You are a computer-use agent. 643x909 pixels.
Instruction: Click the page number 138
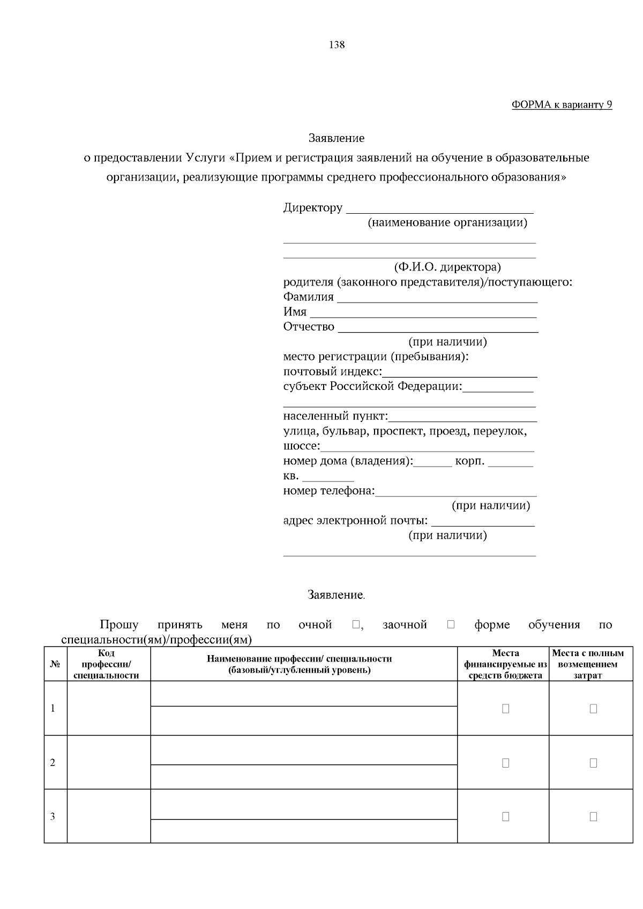click(x=337, y=45)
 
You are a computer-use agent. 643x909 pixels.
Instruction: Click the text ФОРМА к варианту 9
click(x=562, y=105)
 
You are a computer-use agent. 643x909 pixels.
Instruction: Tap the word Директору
click(x=312, y=208)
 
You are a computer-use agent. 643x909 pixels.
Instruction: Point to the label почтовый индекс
click(x=332, y=372)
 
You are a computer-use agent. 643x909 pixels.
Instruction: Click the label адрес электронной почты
click(x=355, y=521)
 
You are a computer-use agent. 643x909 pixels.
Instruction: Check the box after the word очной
click(x=356, y=625)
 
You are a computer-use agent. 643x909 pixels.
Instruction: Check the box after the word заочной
click(x=451, y=625)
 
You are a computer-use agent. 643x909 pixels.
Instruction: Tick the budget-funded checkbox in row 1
click(x=505, y=709)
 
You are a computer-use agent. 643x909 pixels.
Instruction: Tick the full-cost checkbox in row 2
click(x=593, y=763)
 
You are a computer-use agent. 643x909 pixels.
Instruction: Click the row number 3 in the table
click(x=53, y=817)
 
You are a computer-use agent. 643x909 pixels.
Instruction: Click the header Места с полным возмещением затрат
click(x=588, y=664)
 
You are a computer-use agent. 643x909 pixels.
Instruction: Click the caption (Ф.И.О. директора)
click(x=447, y=267)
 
